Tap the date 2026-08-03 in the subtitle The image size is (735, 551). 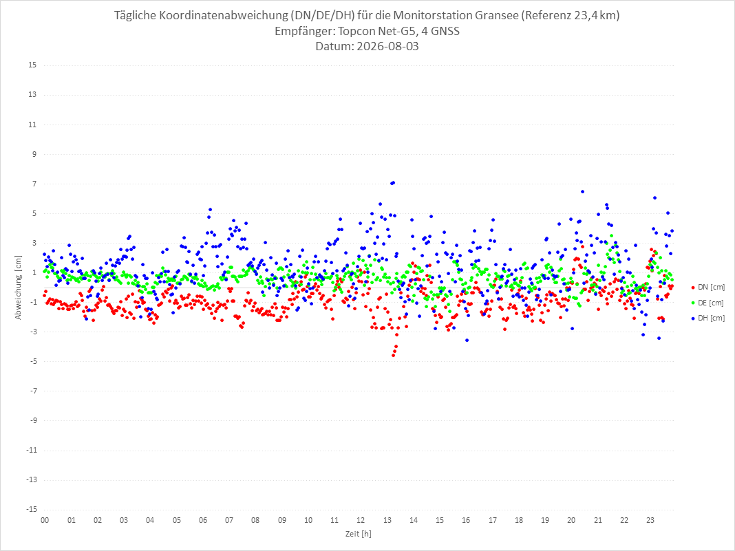[387, 46]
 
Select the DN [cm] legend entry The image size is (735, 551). [707, 288]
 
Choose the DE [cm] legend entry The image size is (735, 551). [707, 303]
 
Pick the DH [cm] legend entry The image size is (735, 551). [707, 318]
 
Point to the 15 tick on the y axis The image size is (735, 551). [32, 65]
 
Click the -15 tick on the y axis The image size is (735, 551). [31, 509]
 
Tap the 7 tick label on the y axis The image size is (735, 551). [34, 184]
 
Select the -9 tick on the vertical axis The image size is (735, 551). [32, 420]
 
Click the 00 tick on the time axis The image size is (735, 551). [45, 520]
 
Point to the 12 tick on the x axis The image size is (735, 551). [361, 520]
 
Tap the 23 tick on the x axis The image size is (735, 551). [650, 520]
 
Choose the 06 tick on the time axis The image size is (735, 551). [203, 520]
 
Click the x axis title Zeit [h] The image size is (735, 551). [358, 534]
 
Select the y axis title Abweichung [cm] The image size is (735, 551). [19, 288]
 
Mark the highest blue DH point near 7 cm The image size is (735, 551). [393, 183]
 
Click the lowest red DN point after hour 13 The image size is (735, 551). [393, 356]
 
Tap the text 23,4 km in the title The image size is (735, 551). [596, 15]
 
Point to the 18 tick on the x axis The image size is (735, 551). [519, 520]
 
